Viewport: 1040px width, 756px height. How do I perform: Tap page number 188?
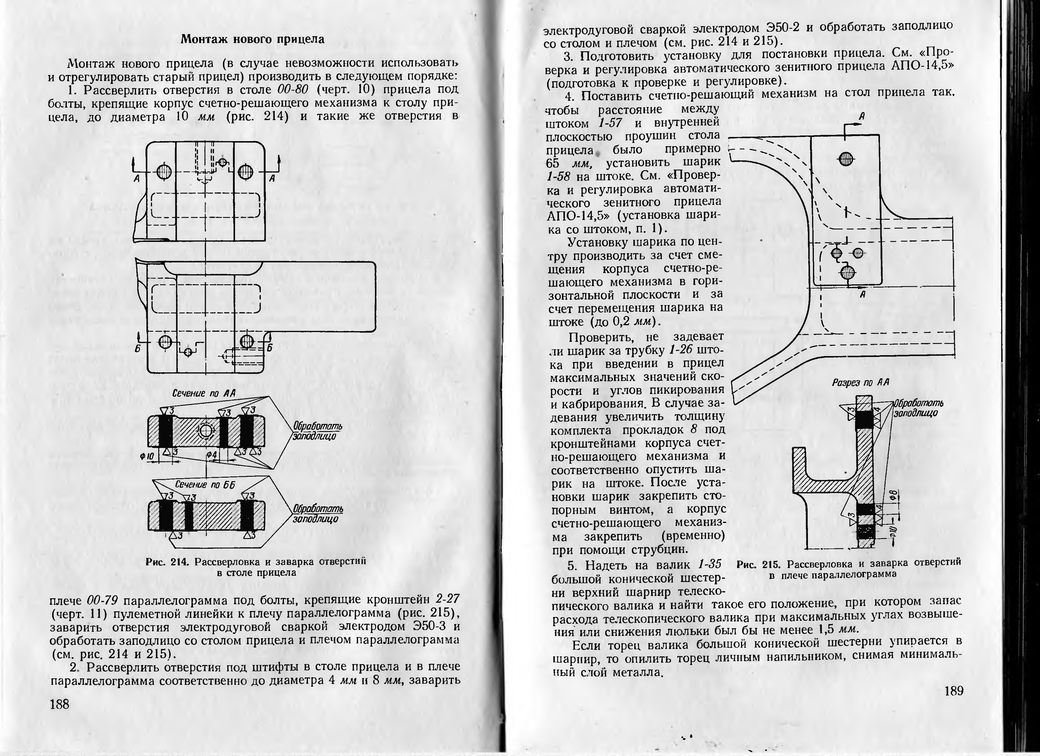60,704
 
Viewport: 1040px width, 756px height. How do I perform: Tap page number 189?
954,690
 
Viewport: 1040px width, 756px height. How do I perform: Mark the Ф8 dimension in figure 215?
892,495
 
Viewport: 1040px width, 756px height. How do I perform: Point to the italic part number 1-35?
709,564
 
